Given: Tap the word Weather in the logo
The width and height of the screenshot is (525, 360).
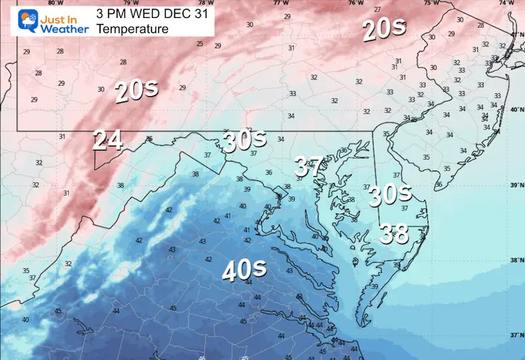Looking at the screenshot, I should point(64,29).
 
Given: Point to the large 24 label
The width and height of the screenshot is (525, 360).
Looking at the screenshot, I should point(108,140).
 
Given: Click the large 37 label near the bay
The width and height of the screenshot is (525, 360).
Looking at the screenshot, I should point(307,167).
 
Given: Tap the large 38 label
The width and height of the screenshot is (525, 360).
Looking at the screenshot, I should point(394,235).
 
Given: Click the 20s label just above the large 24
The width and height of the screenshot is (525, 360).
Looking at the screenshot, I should point(133,92).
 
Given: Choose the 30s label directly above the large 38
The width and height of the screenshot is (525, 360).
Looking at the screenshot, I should point(390,195).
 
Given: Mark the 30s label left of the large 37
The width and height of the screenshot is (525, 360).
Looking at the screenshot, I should point(245,141).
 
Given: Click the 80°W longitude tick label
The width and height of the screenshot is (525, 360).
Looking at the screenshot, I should point(51,3).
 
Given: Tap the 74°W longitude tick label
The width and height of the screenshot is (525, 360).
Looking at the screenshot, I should point(509,3).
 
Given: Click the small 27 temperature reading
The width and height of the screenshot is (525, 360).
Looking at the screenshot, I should point(376,9).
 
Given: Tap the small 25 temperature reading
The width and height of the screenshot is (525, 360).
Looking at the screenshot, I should point(200,44).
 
